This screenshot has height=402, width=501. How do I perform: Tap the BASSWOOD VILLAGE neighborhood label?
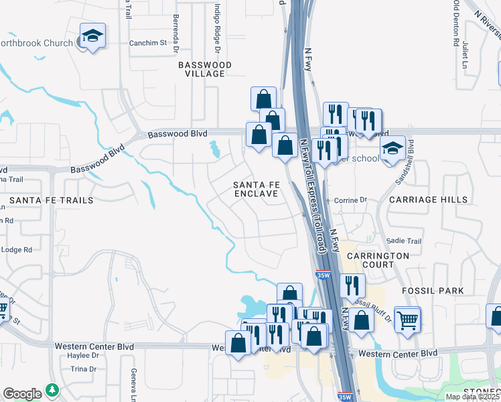tap(205, 69)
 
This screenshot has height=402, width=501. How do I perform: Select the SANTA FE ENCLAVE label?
tap(255, 188)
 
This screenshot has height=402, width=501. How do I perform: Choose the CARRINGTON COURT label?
tap(378, 260)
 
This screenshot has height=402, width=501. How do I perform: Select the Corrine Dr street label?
tap(352, 200)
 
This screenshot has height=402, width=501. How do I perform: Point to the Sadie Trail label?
tap(405, 241)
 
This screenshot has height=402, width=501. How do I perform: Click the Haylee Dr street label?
tap(83, 355)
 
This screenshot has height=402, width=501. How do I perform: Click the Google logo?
tap(22, 394)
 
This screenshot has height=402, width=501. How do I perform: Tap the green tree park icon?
tap(52, 390)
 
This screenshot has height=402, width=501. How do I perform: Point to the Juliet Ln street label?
tap(466, 55)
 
